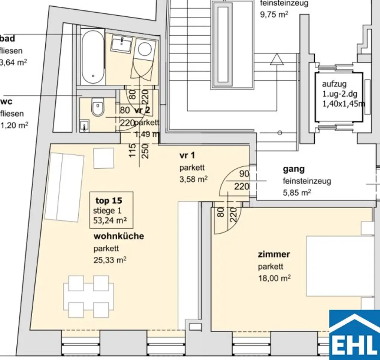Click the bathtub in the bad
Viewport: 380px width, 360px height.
click(x=93, y=57)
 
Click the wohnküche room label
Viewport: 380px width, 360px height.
click(x=118, y=236)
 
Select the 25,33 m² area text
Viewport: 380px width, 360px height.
click(x=110, y=260)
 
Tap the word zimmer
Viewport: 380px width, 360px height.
click(x=274, y=255)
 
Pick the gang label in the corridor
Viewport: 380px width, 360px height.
click(x=294, y=169)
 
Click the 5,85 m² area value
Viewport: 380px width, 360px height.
click(x=297, y=193)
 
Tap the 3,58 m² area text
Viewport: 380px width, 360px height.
click(x=193, y=179)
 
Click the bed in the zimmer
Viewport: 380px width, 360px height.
click(x=340, y=266)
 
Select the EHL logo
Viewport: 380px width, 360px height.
click(x=354, y=334)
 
